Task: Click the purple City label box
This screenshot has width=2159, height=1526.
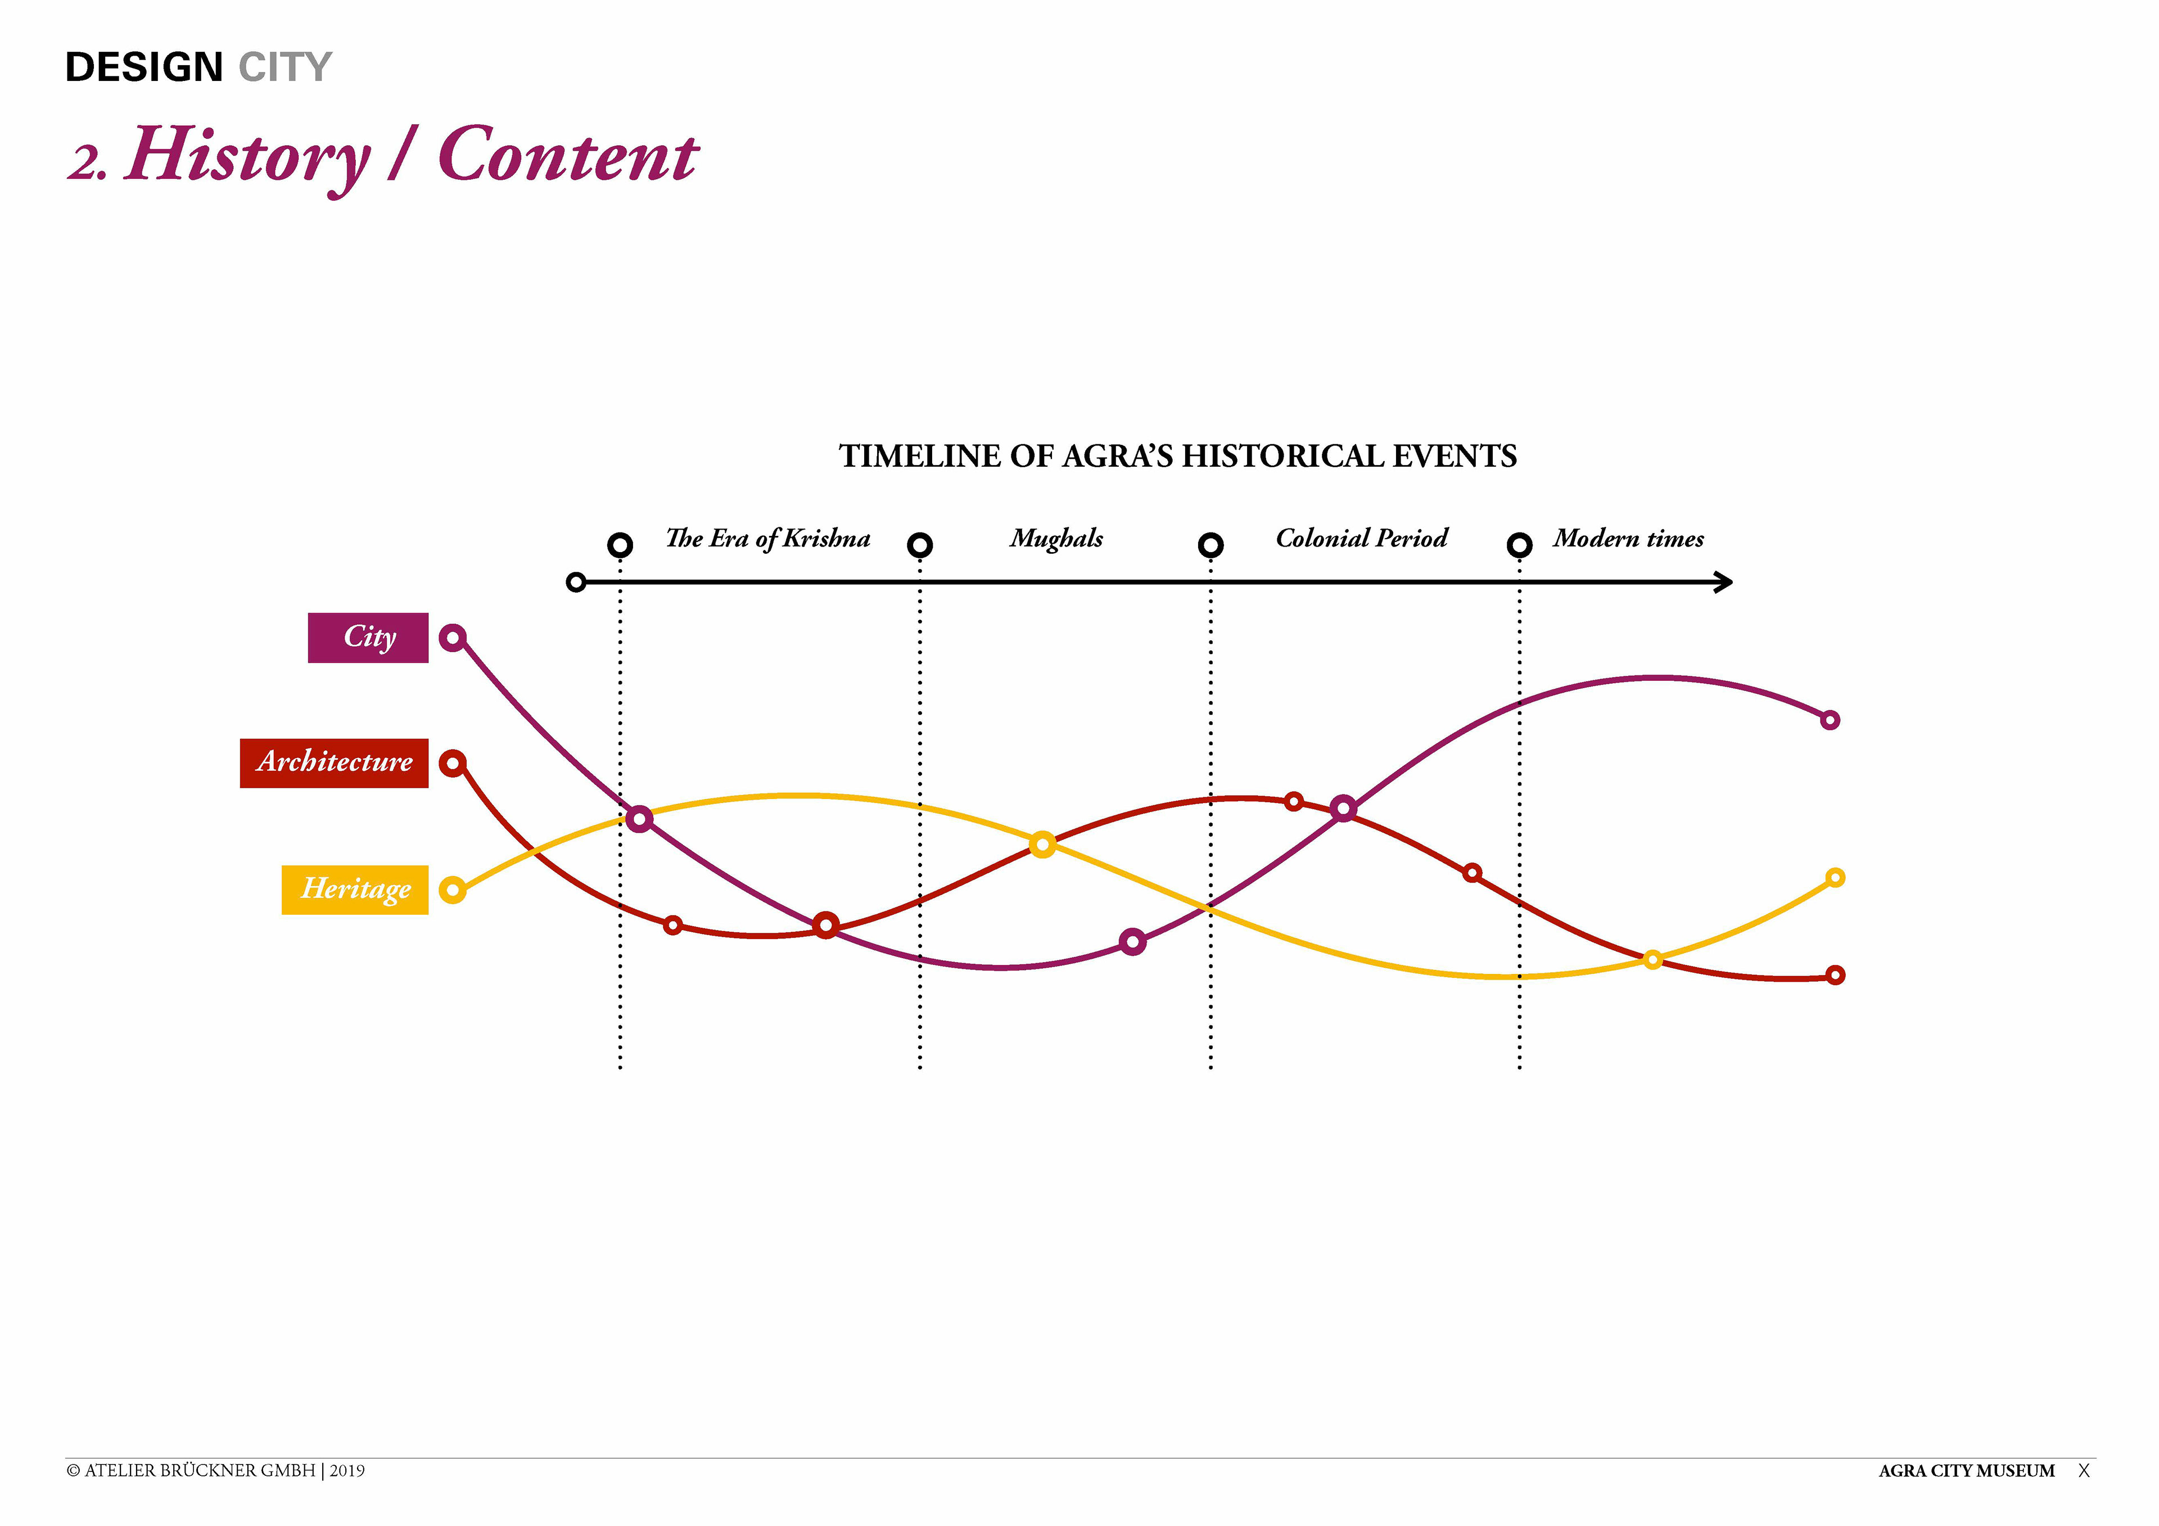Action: pyautogui.click(x=368, y=638)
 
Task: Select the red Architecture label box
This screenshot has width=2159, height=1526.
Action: pyautogui.click(x=334, y=762)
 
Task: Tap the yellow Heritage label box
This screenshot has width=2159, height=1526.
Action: pyautogui.click(x=355, y=890)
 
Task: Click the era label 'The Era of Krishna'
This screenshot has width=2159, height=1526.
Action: pyautogui.click(x=767, y=539)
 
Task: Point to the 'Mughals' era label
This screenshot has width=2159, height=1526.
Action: pyautogui.click(x=1056, y=539)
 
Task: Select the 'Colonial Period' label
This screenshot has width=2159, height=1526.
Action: pyautogui.click(x=1362, y=538)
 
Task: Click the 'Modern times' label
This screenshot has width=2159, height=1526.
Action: pyautogui.click(x=1628, y=538)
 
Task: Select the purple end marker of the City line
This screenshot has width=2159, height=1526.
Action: pyautogui.click(x=1830, y=720)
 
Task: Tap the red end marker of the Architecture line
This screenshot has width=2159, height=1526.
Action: pyautogui.click(x=1835, y=975)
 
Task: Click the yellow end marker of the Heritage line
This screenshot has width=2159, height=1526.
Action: pyautogui.click(x=1835, y=877)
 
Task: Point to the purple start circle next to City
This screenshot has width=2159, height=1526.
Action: pyautogui.click(x=452, y=638)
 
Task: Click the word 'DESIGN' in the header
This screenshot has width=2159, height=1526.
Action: pyautogui.click(x=144, y=67)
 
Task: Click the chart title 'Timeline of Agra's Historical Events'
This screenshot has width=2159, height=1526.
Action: pyautogui.click(x=1177, y=456)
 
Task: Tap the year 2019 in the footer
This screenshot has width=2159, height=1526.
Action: pyautogui.click(x=347, y=1470)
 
